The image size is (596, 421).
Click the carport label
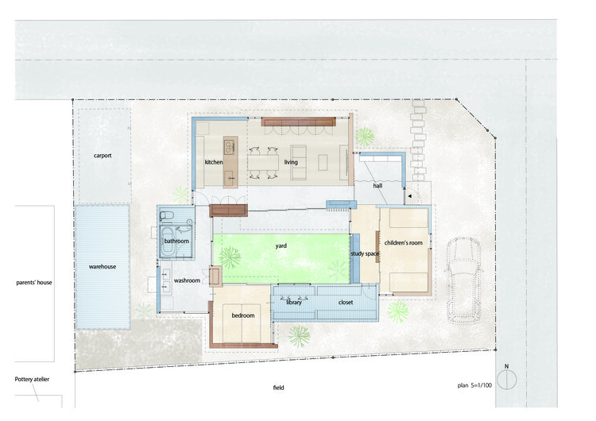[x=102, y=156]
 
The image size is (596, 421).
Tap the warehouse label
[x=102, y=267]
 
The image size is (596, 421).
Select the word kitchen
[x=214, y=162]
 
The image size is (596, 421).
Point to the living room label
[x=291, y=162]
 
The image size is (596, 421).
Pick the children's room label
[x=403, y=242]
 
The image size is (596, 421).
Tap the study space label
[x=366, y=253]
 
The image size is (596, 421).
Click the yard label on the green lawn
[x=281, y=246]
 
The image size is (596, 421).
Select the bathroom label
[x=176, y=241]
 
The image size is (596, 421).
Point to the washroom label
[x=187, y=280]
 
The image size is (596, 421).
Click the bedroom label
[x=242, y=316]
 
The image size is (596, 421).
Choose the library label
[x=294, y=303]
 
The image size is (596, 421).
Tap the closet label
[x=346, y=303]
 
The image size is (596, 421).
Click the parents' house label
[x=34, y=282]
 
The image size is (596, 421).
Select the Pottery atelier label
[x=33, y=380]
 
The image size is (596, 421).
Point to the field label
[x=277, y=388]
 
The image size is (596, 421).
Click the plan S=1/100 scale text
[x=475, y=384]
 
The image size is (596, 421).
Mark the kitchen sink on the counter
[x=229, y=146]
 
